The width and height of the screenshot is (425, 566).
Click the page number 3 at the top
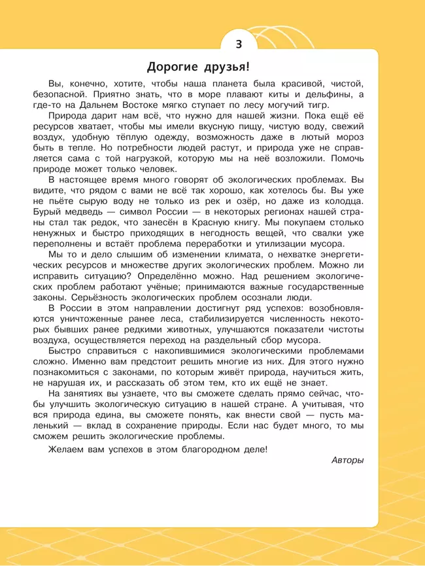click(x=238, y=44)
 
